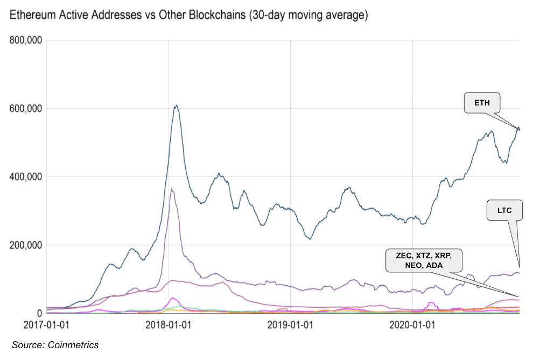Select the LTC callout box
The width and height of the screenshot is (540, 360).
pyautogui.click(x=504, y=211)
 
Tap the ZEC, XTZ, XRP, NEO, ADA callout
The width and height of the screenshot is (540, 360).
pyautogui.click(x=424, y=261)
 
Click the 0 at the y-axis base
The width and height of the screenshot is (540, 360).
pyautogui.click(x=39, y=313)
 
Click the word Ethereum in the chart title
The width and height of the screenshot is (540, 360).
pyautogui.click(x=34, y=16)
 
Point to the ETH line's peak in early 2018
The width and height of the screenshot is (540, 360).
pyautogui.click(x=176, y=105)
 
